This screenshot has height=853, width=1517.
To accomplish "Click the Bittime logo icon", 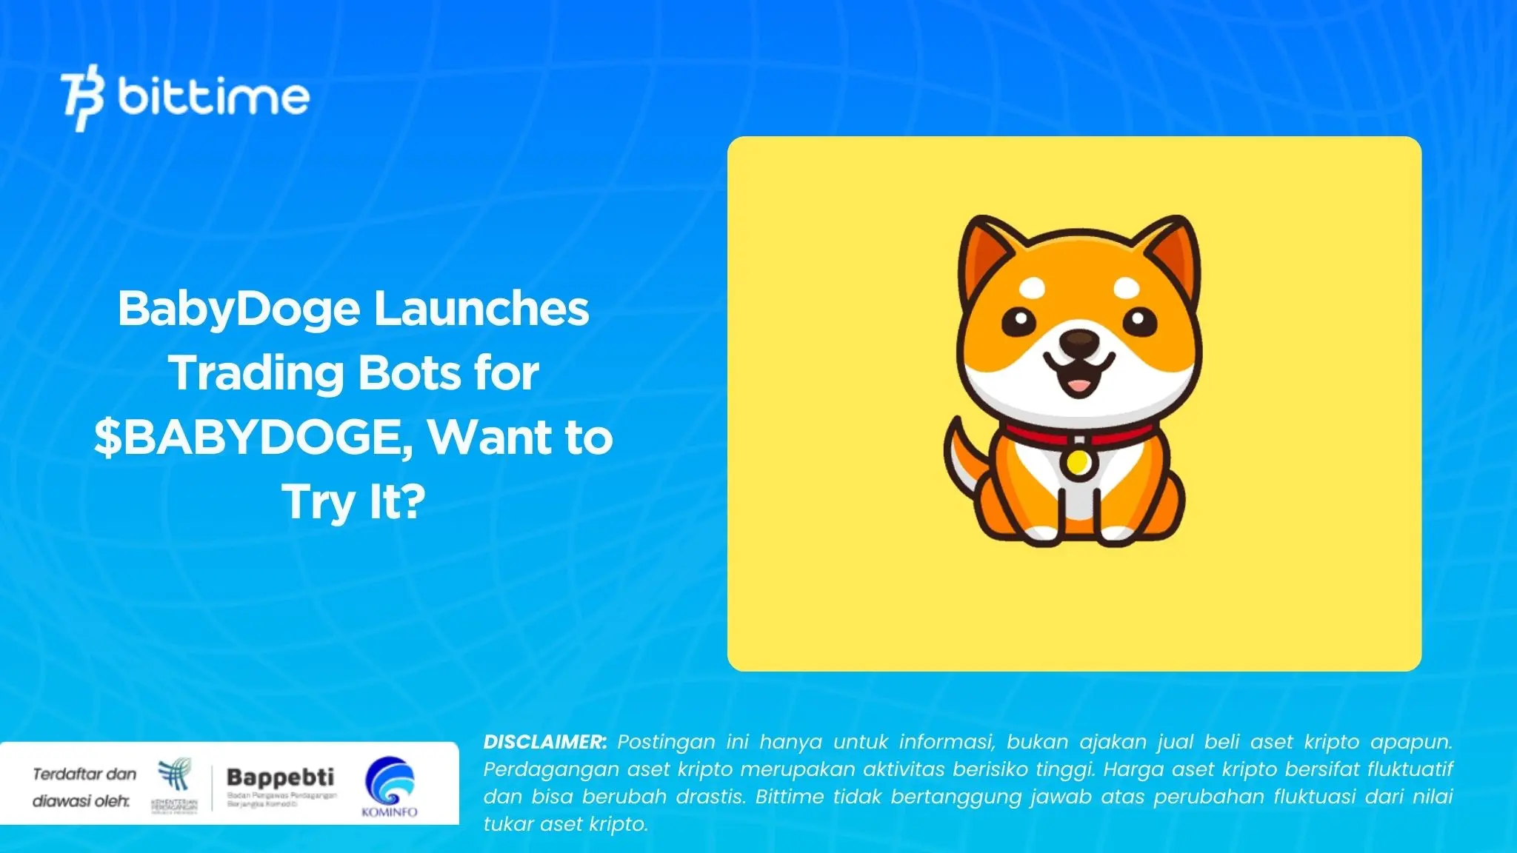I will pos(82,98).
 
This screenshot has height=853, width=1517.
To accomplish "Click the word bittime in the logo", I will pos(213,97).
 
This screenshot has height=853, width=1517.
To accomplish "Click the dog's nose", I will pos(1078,341).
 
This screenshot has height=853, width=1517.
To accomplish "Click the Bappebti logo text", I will pos(280,777).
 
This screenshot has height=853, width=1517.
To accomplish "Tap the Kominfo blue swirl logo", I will pos(390,780).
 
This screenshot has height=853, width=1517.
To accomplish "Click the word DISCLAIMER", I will pos(544,742).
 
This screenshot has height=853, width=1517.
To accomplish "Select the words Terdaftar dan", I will pos(84,774).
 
